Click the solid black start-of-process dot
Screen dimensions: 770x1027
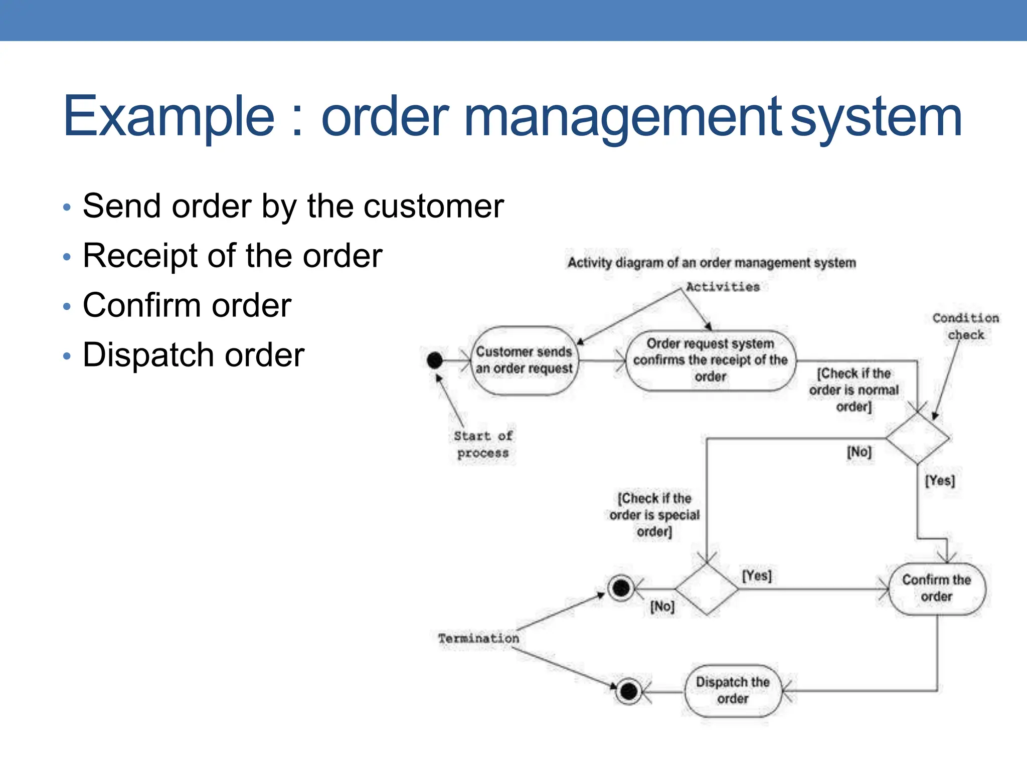[x=435, y=360]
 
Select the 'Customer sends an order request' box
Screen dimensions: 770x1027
[x=524, y=360]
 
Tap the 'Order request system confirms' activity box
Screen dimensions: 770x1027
[x=710, y=360]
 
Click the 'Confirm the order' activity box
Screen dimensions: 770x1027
[x=936, y=589]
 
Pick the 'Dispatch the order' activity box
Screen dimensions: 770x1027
[x=733, y=690]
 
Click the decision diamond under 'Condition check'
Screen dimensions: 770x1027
[x=917, y=438]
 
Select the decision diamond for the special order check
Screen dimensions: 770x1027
[x=707, y=589]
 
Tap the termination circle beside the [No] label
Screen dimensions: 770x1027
[x=621, y=588]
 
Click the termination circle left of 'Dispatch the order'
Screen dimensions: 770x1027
[x=628, y=692]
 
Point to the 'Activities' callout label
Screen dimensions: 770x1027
[x=723, y=287]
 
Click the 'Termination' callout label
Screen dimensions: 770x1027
[x=478, y=639]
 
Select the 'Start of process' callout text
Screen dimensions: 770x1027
[x=483, y=444]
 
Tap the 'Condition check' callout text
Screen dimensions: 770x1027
[x=965, y=326]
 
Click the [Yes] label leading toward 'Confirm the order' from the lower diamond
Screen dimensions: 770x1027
[x=757, y=575]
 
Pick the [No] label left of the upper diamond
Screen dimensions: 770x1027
[x=859, y=452]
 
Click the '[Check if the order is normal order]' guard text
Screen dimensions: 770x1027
[x=853, y=390]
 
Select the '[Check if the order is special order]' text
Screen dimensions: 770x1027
[x=654, y=515]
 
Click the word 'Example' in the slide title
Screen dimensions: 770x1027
[x=168, y=117]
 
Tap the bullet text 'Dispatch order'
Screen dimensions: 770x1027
[x=193, y=355]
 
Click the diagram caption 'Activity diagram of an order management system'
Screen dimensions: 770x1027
[x=711, y=263]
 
